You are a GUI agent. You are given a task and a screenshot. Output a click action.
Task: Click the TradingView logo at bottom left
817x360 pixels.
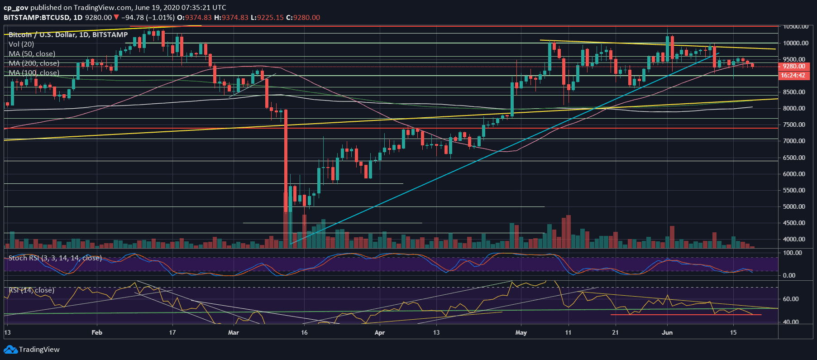32,350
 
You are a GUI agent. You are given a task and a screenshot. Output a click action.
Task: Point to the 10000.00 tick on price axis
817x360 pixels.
796,43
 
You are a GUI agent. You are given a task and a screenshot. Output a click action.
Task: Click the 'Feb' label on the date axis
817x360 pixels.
97,332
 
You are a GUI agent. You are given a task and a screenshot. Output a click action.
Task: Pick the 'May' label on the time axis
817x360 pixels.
521,332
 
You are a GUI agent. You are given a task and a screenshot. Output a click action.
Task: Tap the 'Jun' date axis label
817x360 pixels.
667,332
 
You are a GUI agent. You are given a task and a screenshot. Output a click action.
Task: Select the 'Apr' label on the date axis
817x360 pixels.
380,332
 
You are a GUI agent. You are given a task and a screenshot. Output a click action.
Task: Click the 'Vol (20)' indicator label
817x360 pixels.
21,44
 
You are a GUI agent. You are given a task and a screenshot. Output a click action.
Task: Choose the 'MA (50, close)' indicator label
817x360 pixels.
32,54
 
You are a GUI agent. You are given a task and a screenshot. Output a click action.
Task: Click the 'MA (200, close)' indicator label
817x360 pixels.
34,63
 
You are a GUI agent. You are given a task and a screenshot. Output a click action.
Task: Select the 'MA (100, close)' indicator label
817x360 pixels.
34,73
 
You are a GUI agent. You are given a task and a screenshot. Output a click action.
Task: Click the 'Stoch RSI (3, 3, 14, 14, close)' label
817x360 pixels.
55,258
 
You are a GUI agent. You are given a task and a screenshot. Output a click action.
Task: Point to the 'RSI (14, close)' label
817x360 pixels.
31,290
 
